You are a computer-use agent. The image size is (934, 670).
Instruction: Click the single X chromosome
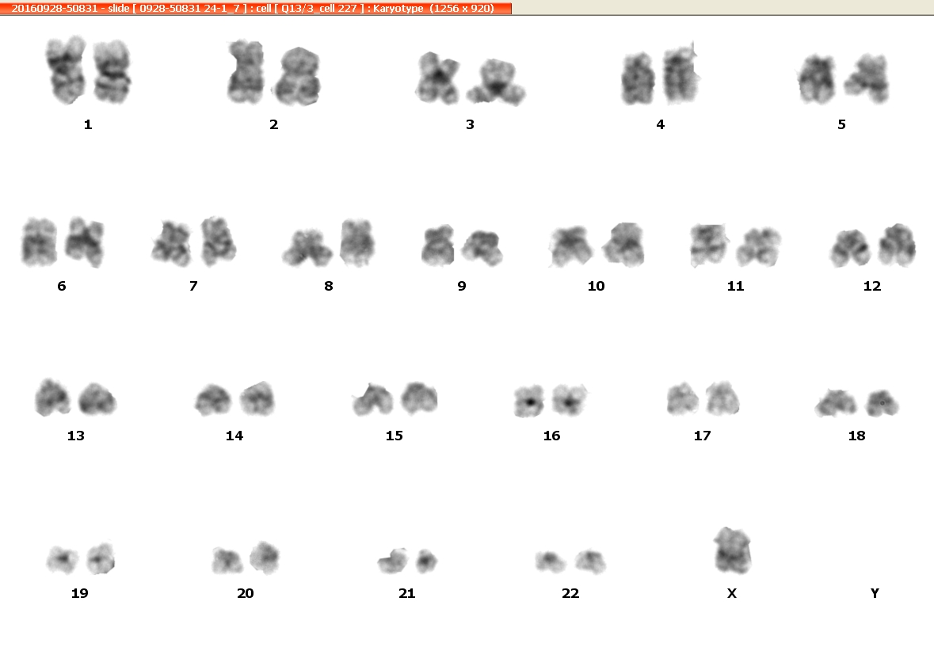click(732, 551)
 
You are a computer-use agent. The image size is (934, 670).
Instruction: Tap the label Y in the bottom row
click(875, 593)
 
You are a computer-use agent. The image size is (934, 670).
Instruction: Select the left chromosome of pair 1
click(67, 70)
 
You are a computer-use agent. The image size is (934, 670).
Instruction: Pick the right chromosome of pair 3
click(496, 82)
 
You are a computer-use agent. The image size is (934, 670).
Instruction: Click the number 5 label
click(841, 124)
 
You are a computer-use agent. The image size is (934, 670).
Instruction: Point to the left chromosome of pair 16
click(529, 400)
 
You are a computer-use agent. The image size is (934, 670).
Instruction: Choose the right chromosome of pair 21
click(426, 561)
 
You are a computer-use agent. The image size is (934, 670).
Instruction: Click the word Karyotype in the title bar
click(398, 9)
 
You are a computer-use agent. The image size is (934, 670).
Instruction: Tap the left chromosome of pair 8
click(307, 248)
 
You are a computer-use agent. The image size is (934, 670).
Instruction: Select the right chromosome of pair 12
click(898, 245)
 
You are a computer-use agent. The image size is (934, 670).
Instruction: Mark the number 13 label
click(75, 436)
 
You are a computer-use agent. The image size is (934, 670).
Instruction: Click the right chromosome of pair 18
click(882, 403)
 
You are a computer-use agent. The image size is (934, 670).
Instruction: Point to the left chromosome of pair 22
click(550, 562)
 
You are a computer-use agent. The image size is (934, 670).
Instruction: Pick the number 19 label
click(80, 593)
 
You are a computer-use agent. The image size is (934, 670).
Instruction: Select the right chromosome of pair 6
click(85, 242)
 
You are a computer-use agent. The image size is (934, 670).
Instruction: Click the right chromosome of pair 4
click(680, 74)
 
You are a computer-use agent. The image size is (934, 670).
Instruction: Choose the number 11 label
click(736, 287)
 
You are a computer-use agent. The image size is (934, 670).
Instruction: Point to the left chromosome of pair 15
click(373, 399)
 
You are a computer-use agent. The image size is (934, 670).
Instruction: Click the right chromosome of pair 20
click(264, 558)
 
